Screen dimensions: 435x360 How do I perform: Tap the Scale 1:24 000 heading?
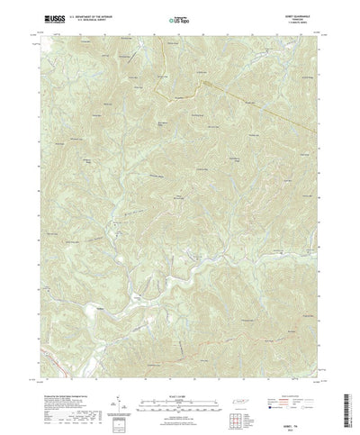click(x=179, y=364)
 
